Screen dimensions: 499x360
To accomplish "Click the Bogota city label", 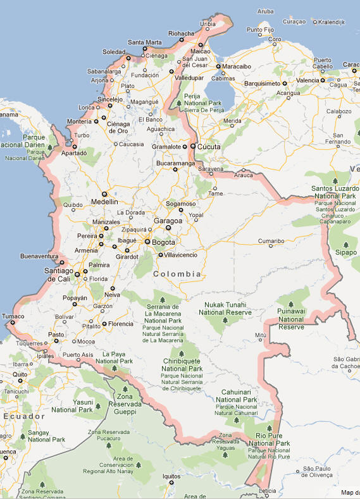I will coord(163,242).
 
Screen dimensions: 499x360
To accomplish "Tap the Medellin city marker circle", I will coord(104,194).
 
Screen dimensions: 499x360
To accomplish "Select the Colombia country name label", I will coord(177,274).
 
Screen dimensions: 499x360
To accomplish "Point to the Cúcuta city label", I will coord(209,147).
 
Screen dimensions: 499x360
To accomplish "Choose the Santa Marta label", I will coord(144,42).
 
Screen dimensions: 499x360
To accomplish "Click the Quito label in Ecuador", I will coord(20,374).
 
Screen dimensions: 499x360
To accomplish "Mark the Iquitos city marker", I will coord(171,483).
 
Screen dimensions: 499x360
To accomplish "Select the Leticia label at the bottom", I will coord(268,491).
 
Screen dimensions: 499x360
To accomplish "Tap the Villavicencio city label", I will coord(180,255).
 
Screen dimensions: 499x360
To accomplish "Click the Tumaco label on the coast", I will coord(13,316).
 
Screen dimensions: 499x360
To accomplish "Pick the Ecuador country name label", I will coord(23,416).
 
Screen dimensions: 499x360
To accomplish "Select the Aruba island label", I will coord(266,11).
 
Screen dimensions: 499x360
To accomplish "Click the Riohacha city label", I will coord(182,33).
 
